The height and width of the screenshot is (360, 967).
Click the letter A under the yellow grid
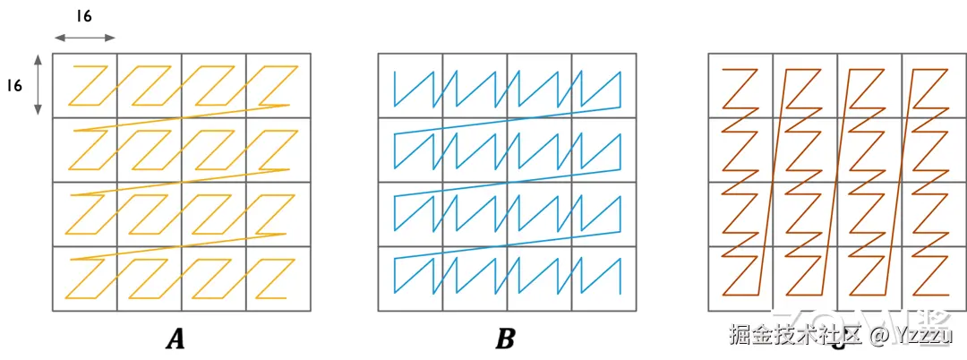point(175,339)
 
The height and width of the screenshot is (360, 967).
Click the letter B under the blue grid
point(505,339)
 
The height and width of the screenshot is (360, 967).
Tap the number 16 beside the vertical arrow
point(15,85)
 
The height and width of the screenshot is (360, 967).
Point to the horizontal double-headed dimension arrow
point(85,38)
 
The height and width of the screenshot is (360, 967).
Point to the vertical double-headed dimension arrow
point(38,85)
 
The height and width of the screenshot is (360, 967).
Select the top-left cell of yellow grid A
point(85,86)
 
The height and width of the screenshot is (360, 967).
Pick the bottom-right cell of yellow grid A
point(278,279)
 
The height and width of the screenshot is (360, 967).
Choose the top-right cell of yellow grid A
point(278,86)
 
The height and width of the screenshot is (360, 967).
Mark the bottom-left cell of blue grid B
point(410,279)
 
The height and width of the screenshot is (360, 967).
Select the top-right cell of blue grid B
point(603,86)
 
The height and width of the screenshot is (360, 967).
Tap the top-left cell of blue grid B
point(410,86)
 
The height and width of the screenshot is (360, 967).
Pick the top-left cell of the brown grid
point(740,86)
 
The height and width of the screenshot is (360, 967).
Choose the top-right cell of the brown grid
point(934,86)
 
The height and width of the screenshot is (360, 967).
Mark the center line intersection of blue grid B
point(507,183)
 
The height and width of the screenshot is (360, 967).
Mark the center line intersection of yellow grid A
point(182,183)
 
